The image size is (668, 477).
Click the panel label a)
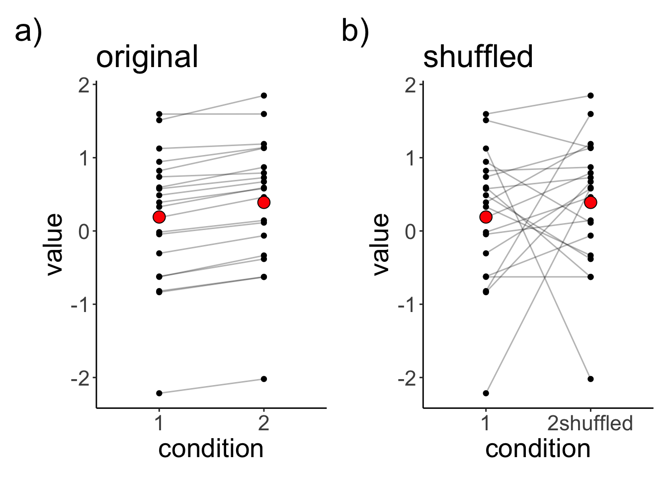pos(29,33)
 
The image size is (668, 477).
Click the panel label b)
pos(355,33)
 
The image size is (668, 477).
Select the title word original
pos(147,57)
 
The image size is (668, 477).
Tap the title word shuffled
pos(478,56)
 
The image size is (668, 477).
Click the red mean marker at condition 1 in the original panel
pos(159,217)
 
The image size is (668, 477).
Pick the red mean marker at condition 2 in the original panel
pos(264,202)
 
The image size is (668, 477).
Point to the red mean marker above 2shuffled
pos(590,202)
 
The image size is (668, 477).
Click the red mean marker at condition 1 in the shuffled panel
pos(486,217)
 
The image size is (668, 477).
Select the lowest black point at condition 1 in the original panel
pos(159,393)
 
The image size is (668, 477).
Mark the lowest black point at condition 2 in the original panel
pos(264,379)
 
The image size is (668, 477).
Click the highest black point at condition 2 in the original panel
pos(264,95)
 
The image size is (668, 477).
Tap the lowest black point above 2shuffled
pos(590,379)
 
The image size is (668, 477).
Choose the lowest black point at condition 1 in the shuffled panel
pos(486,393)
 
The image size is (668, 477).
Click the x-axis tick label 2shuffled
pos(590,423)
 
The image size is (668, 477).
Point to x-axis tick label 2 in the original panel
pos(264,423)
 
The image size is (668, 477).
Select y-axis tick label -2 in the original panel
pos(81,378)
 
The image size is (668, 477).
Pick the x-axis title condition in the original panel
pos(211,449)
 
